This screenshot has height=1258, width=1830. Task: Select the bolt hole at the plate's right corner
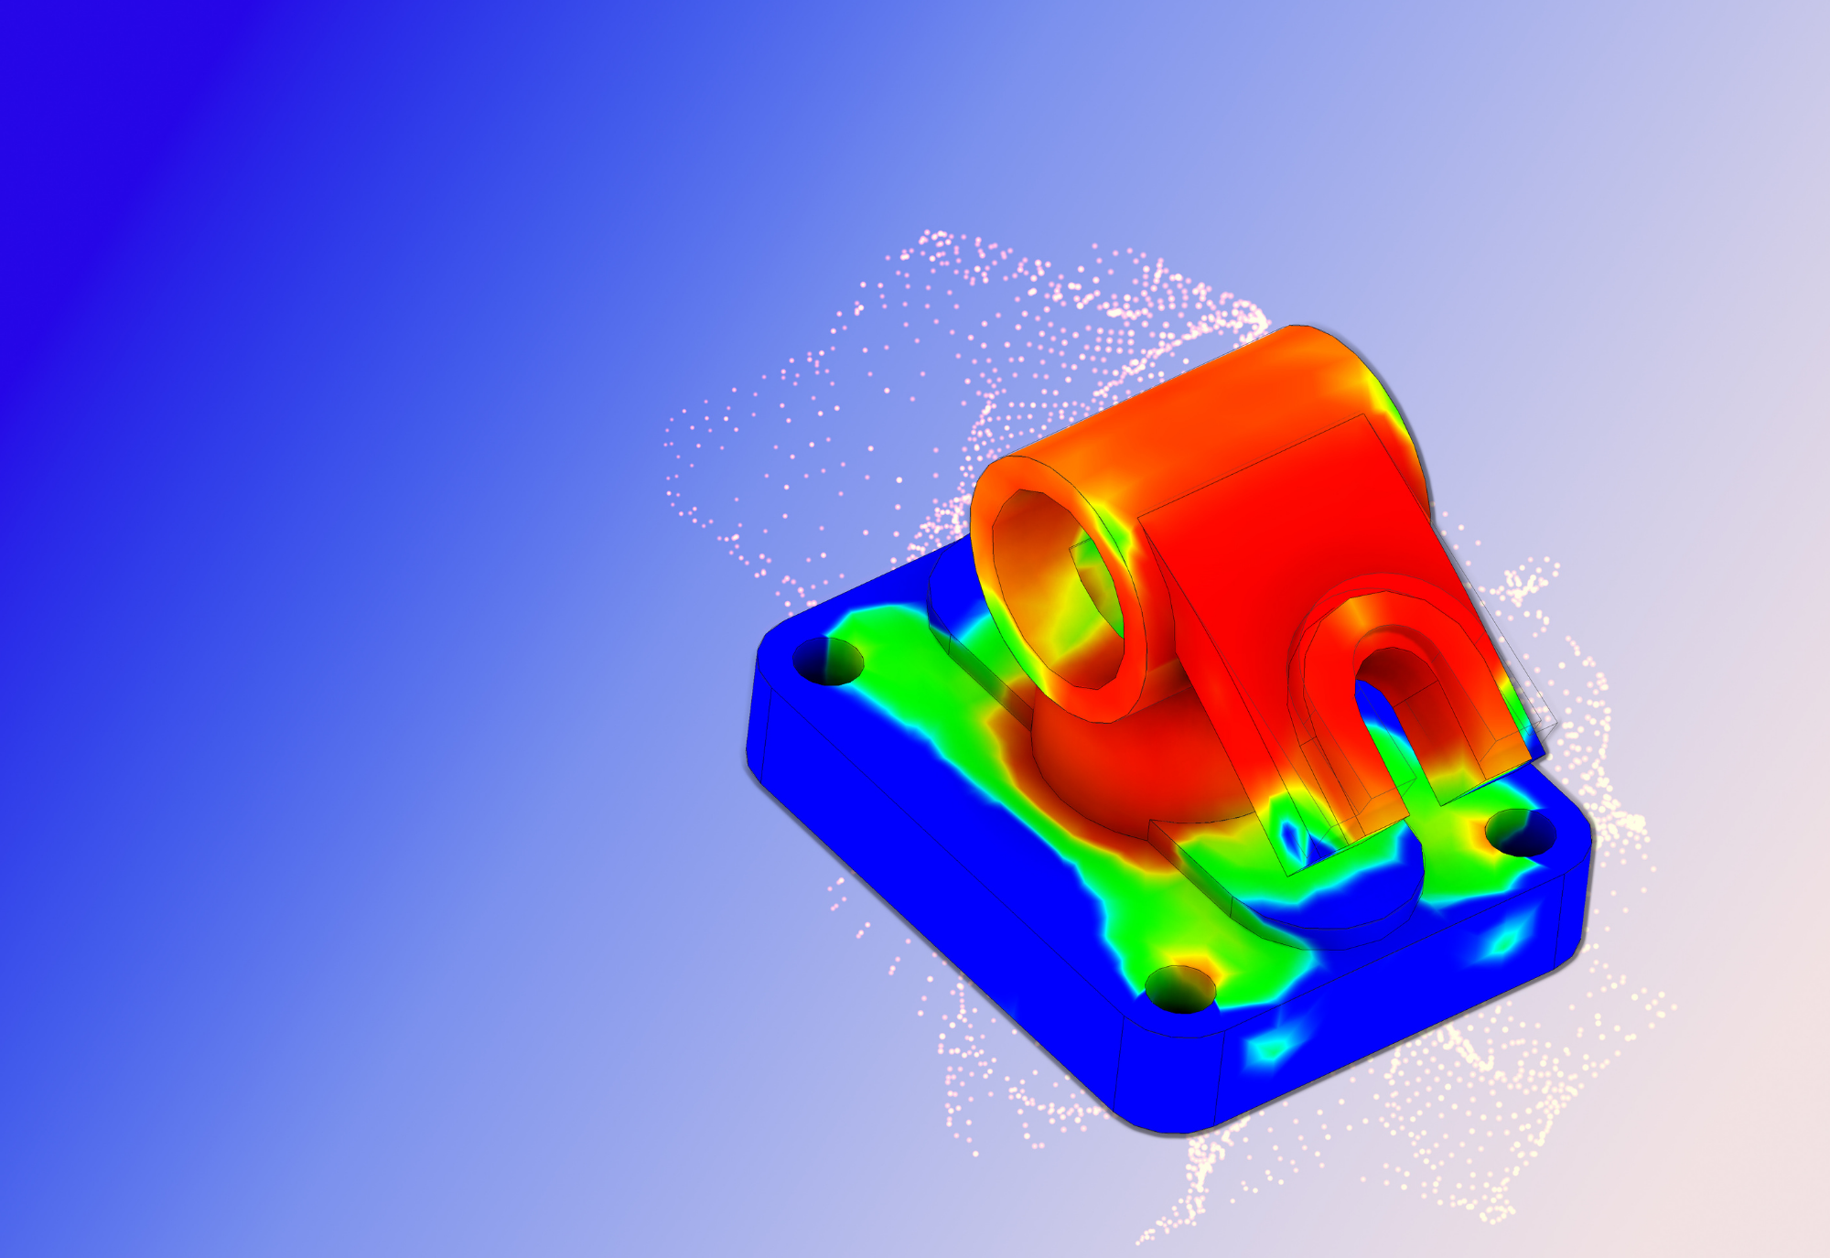[x=1520, y=833]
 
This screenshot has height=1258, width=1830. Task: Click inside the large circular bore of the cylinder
[x=1061, y=595]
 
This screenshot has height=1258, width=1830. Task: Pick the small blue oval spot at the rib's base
[x=1291, y=833]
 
